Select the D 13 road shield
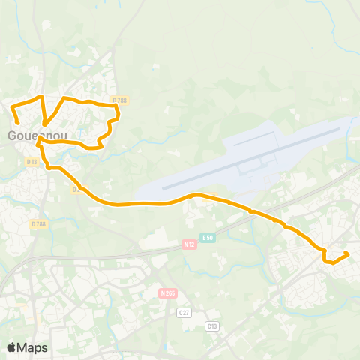coord(31,161)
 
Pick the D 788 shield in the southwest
coord(38,223)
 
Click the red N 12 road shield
coord(190,244)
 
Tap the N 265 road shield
coord(168,292)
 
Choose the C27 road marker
coord(184,311)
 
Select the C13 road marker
coord(211,326)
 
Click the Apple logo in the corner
coord(11,347)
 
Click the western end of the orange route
coord(17,121)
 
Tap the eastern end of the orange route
coord(347,253)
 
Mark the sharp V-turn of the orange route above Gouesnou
coord(45,124)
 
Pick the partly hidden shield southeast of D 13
coord(76,189)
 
